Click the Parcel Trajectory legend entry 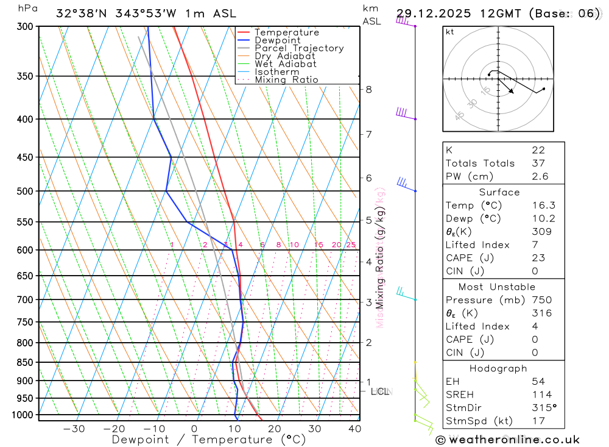299,48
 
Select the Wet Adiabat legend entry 286,64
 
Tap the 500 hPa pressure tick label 25,191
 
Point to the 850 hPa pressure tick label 25,362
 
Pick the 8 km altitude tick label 368,89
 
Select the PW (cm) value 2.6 540,176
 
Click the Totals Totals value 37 538,163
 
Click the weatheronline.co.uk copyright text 508,439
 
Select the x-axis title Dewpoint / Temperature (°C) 209,439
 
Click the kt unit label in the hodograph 450,32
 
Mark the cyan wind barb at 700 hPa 404,294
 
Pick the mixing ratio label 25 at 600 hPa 351,245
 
